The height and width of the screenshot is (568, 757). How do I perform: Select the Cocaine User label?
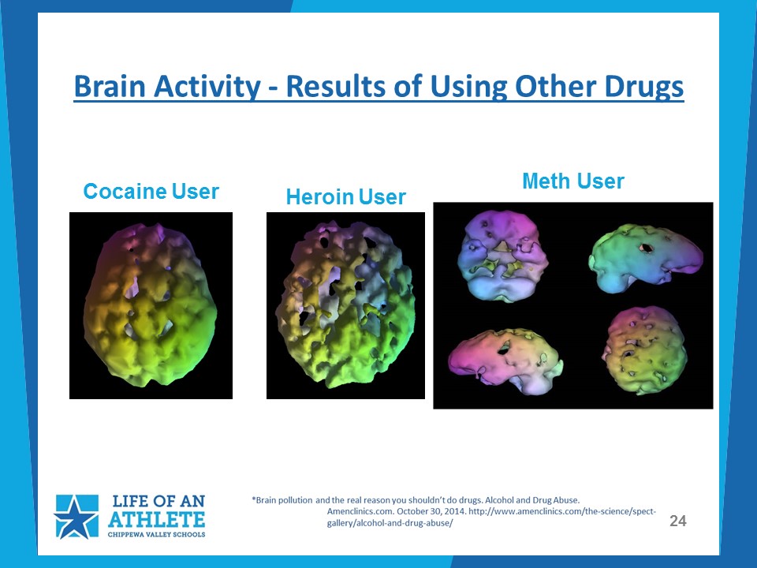pyautogui.click(x=151, y=191)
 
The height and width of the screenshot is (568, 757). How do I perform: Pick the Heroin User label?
pyautogui.click(x=345, y=197)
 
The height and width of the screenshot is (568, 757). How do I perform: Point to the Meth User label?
pyautogui.click(x=573, y=181)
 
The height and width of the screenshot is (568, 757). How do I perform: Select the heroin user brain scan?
pyautogui.click(x=345, y=305)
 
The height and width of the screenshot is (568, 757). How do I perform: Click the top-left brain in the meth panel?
pyautogui.click(x=502, y=256)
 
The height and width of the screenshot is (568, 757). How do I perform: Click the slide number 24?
pyautogui.click(x=678, y=521)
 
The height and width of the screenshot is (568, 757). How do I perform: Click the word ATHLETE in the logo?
pyautogui.click(x=156, y=519)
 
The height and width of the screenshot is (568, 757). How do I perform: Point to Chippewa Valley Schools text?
pyautogui.click(x=156, y=535)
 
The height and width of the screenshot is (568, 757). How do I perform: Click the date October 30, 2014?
pyautogui.click(x=431, y=511)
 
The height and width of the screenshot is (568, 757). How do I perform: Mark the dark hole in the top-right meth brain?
pyautogui.click(x=646, y=248)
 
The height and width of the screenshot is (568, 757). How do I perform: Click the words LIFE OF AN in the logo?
pyautogui.click(x=158, y=501)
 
